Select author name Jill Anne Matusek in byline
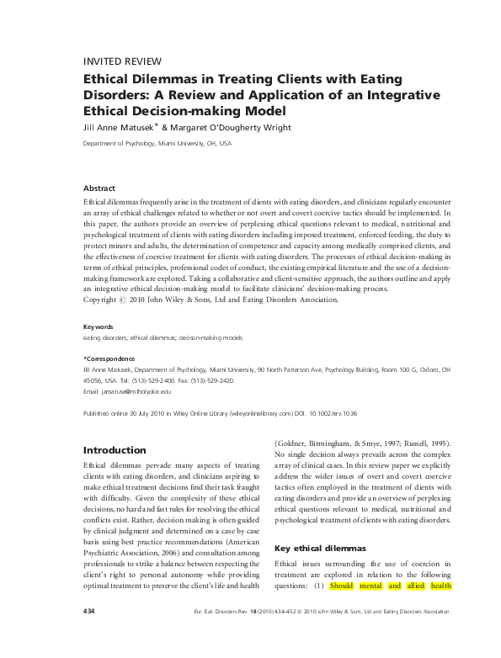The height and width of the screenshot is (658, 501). (119, 128)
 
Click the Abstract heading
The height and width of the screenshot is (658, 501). (99, 188)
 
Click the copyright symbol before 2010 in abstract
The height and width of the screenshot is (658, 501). (129, 299)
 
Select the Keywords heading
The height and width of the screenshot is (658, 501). (98, 326)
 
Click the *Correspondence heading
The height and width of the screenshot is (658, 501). (108, 358)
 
